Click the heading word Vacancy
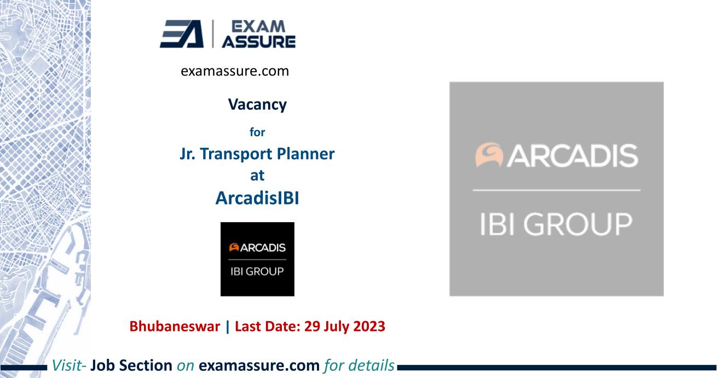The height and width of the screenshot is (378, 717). pyautogui.click(x=257, y=104)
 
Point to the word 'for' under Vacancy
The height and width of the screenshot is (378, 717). pyautogui.click(x=257, y=131)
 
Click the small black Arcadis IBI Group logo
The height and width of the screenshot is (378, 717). pyautogui.click(x=257, y=259)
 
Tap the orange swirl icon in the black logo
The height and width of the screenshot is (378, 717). pyautogui.click(x=232, y=247)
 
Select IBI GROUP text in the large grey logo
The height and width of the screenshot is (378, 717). pyautogui.click(x=557, y=223)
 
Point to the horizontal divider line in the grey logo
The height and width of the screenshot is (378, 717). pyautogui.click(x=557, y=190)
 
